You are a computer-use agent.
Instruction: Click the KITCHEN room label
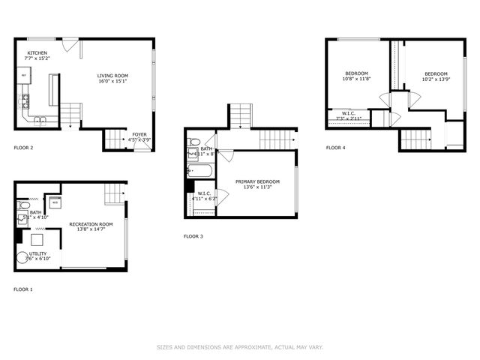coord(37,53)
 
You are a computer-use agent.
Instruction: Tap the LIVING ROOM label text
coord(113,76)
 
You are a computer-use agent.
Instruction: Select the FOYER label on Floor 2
coord(139,134)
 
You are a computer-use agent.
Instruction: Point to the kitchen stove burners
coord(25,98)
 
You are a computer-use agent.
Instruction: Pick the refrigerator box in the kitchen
coord(24,76)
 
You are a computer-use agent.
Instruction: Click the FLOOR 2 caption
coord(23,148)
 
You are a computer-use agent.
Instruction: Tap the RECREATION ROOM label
coord(91,224)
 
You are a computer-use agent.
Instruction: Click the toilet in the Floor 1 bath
coord(23,204)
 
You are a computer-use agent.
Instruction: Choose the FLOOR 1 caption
coord(23,289)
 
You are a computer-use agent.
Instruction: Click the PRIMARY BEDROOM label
coord(257,181)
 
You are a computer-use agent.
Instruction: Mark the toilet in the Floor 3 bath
coord(193,142)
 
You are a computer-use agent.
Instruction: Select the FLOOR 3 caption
coord(193,236)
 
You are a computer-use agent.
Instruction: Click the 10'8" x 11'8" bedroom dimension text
coord(357,78)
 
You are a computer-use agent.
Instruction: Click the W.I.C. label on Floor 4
coord(348,114)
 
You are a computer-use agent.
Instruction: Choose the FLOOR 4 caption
coord(336,148)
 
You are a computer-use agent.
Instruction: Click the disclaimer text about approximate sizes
coord(240,346)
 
